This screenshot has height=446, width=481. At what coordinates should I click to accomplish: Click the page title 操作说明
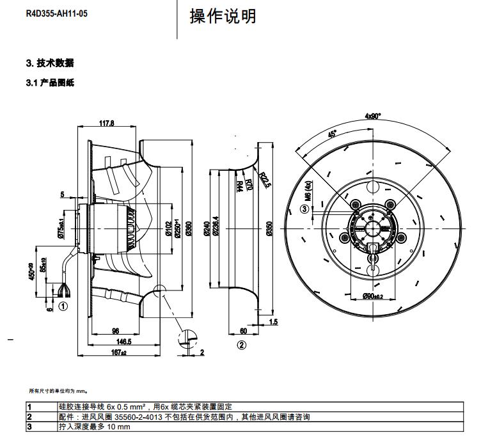[x=223, y=16]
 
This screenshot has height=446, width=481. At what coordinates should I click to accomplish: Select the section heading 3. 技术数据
[x=50, y=63]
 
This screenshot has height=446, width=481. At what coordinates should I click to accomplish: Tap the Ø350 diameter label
[x=269, y=229]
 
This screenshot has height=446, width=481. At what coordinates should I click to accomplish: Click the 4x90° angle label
[x=373, y=116]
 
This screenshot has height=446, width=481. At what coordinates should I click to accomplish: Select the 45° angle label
[x=333, y=135]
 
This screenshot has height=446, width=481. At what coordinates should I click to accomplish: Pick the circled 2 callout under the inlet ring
[x=241, y=346]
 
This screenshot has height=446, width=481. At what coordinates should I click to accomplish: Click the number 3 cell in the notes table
[x=29, y=426]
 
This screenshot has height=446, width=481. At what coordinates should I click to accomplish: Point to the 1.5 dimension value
[x=273, y=321]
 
